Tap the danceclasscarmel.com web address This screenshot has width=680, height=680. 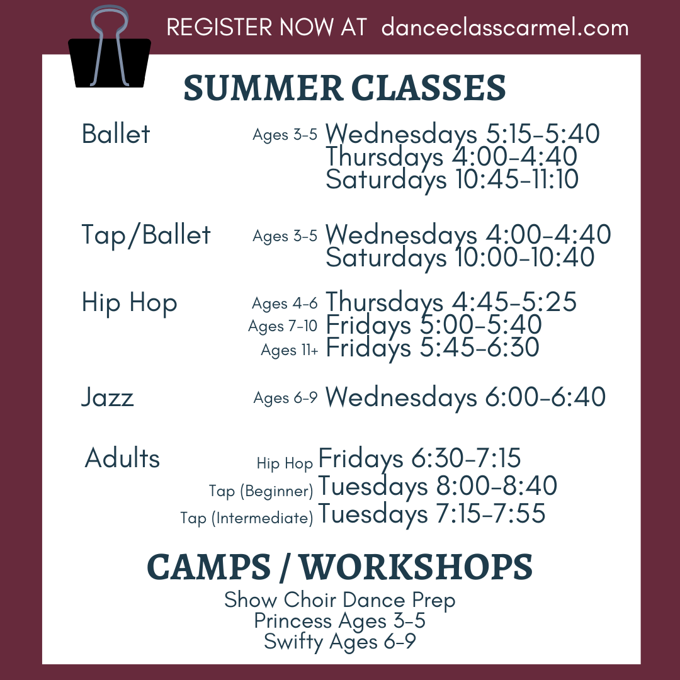point(505,27)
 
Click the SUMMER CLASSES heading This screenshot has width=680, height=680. point(345,88)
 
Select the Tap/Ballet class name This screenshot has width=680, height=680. point(145,235)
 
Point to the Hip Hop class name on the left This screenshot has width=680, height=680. point(129,303)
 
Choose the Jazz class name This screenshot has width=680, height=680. point(108,397)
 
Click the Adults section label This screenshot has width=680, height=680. point(122,458)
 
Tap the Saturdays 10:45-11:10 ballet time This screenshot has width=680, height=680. point(452,179)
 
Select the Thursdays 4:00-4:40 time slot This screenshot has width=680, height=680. point(451,157)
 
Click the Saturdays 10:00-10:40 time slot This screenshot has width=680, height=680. point(460,258)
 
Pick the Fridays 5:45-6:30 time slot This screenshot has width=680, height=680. point(433,348)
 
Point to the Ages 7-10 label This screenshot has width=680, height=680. point(283,326)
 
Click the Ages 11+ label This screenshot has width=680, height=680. point(289,350)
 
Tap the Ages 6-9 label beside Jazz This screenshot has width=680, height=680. point(285,398)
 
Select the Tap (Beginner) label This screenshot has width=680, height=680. point(261,491)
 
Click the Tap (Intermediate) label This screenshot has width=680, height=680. point(246,518)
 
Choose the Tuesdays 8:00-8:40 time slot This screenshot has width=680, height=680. point(438,486)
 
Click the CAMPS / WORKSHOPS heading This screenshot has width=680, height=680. point(339,567)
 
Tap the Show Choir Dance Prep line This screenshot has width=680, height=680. point(339,600)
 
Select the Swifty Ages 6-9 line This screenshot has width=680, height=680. point(339,642)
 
